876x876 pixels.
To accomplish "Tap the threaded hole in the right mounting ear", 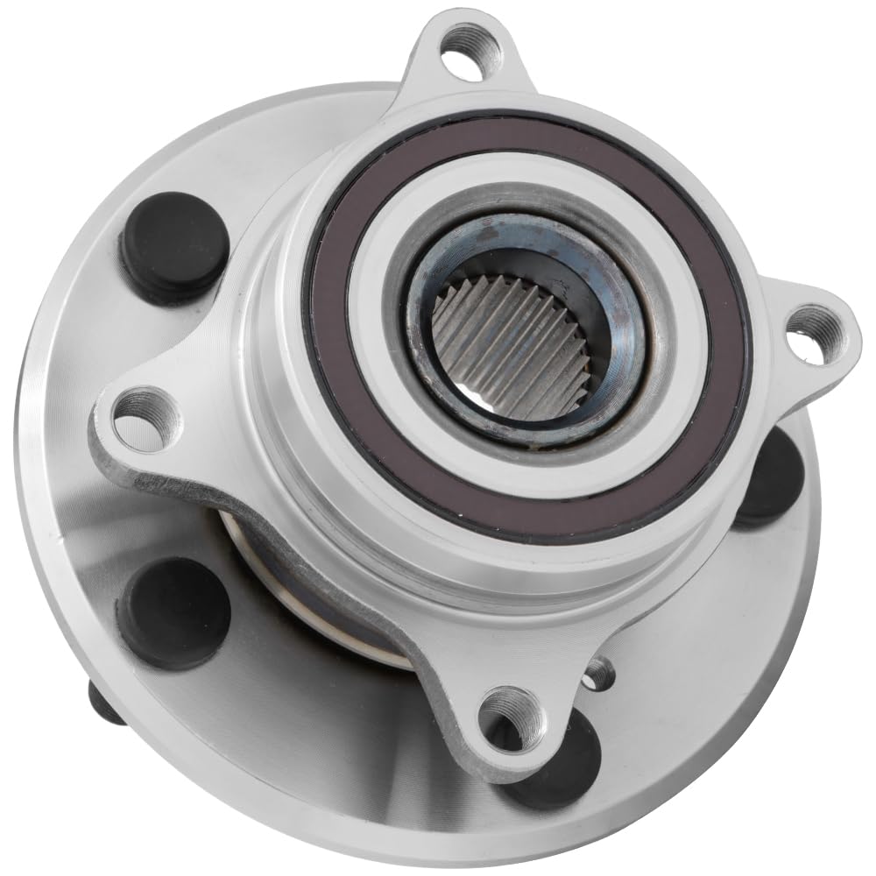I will [813, 334].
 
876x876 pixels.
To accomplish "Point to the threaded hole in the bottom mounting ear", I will [512, 717].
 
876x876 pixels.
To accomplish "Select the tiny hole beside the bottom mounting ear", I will [598, 673].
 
